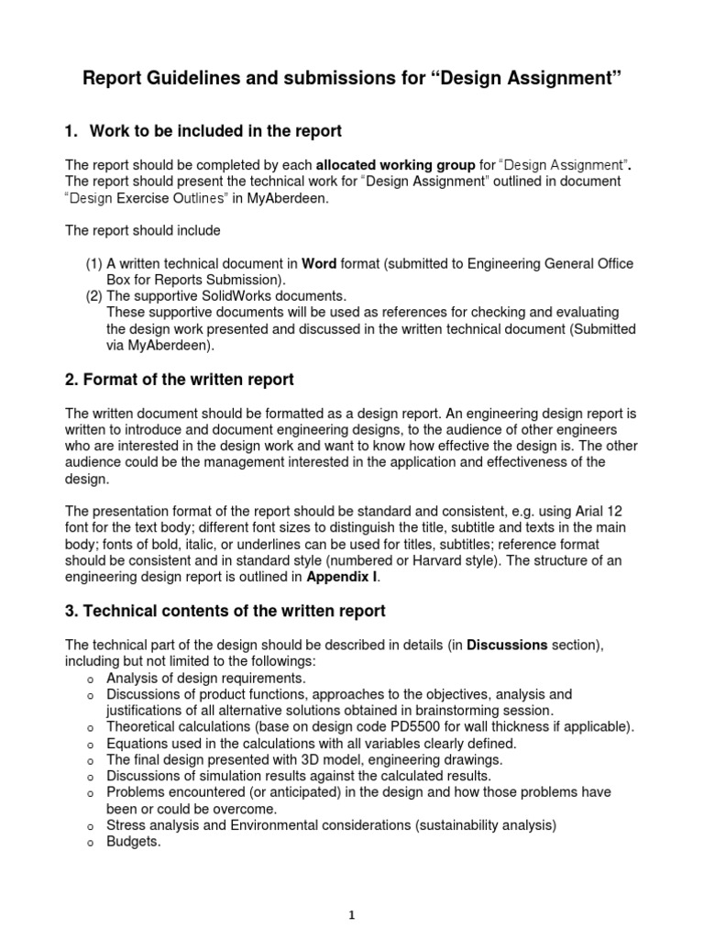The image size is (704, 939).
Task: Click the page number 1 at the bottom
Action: click(352, 913)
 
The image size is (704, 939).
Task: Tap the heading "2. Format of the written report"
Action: click(180, 379)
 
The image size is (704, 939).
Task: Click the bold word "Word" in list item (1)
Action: click(319, 264)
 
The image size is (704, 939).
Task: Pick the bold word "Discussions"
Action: click(507, 645)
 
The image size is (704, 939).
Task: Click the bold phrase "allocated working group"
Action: click(396, 165)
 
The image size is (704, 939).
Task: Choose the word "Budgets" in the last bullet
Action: click(134, 843)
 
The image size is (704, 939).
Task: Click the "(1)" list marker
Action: click(94, 264)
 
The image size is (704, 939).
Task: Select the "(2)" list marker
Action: click(94, 296)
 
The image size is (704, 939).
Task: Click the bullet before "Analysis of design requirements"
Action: click(88, 679)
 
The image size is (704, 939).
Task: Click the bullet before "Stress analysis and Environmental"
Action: click(88, 826)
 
